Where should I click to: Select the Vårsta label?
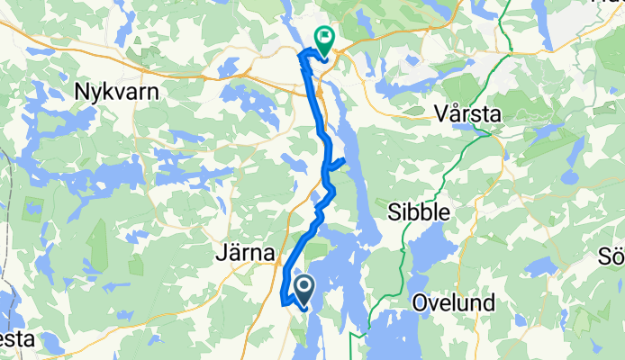click(466, 115)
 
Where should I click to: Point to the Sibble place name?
click(418, 211)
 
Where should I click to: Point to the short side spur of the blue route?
click(338, 163)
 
